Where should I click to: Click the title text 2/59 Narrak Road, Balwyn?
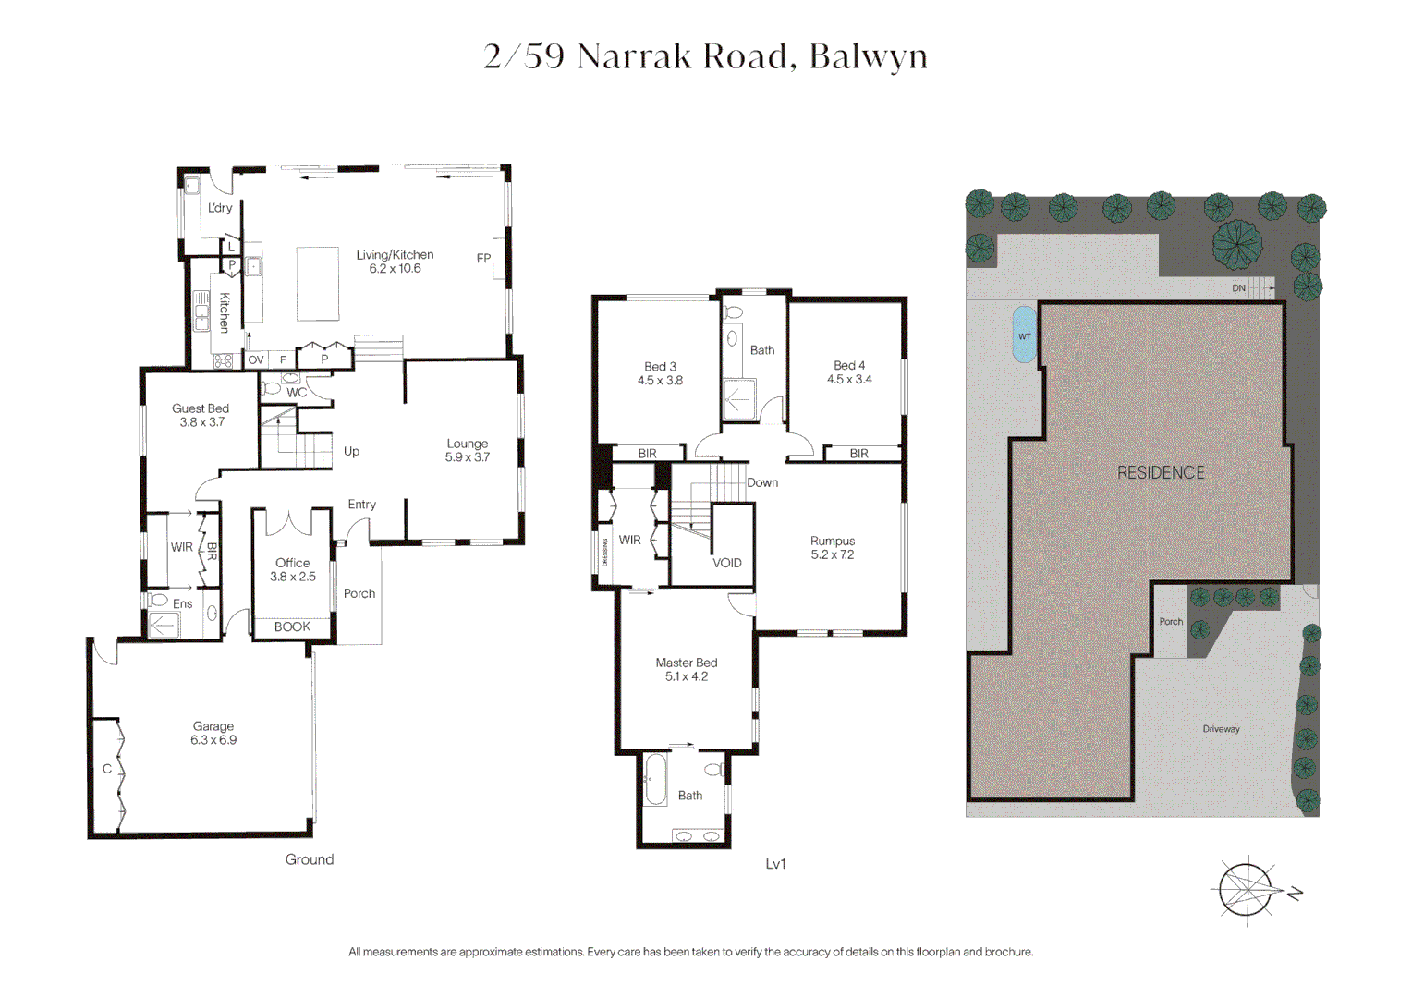705,56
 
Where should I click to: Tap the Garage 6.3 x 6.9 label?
213,734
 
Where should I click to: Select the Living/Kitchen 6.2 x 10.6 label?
395,262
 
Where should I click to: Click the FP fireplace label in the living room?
483,259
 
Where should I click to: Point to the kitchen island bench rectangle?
317,283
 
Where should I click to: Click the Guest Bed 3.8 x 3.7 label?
201,415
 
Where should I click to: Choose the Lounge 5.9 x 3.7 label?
467,450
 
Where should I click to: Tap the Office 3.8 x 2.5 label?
292,569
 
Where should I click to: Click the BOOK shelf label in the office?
292,627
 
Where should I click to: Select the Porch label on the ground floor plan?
359,593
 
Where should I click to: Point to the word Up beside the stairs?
351,451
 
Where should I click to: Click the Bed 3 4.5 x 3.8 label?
660,373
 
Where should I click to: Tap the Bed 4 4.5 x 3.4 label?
849,372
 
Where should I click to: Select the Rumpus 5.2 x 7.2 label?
833,548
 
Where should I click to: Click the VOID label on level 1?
726,563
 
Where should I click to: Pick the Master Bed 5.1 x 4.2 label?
686,670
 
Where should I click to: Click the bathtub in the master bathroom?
655,780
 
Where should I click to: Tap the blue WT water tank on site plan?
1024,335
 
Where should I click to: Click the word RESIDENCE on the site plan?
1161,472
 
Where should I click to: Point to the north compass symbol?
1248,890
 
